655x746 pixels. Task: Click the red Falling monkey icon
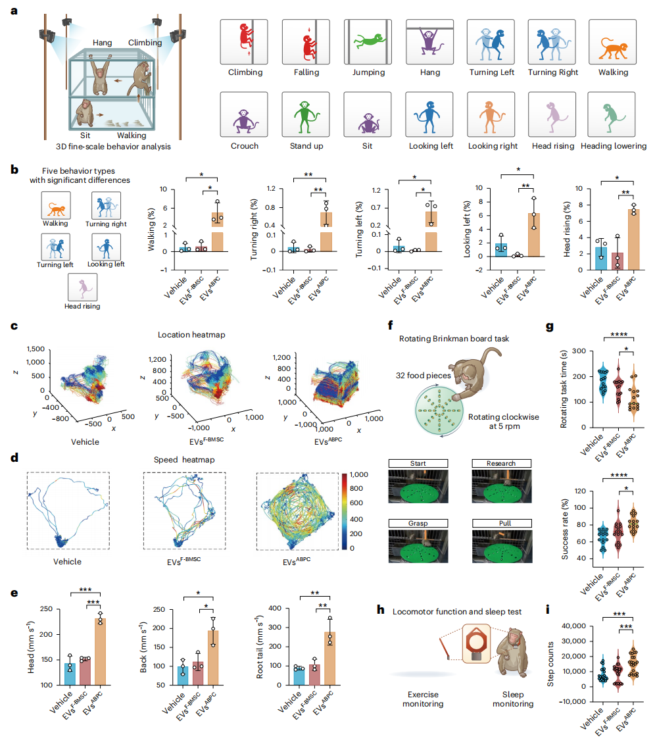305,41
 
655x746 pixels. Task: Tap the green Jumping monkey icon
367,41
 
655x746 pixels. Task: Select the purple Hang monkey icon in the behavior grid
429,41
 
